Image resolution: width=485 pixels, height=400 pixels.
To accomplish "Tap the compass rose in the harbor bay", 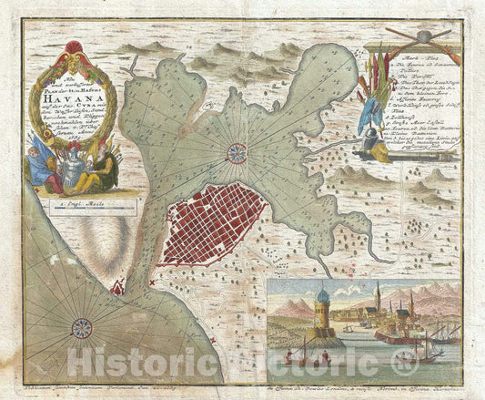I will click(237, 151).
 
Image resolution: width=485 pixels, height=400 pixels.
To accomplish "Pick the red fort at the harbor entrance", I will click(117, 289).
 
